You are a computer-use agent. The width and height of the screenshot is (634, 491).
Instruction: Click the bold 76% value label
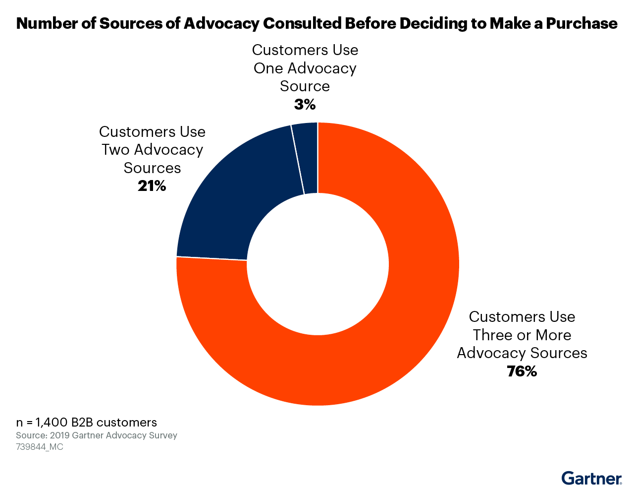522,371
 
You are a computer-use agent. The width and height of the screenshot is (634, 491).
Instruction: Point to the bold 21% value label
152,186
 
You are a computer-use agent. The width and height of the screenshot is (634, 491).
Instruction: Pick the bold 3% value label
305,105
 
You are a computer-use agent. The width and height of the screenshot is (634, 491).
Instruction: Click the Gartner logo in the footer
591,479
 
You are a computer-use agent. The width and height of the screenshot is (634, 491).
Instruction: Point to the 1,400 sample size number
52,423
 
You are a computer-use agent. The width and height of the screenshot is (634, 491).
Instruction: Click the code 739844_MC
40,447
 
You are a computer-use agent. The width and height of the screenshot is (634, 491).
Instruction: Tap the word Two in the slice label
116,150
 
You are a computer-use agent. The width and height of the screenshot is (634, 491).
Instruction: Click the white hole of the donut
317,264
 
